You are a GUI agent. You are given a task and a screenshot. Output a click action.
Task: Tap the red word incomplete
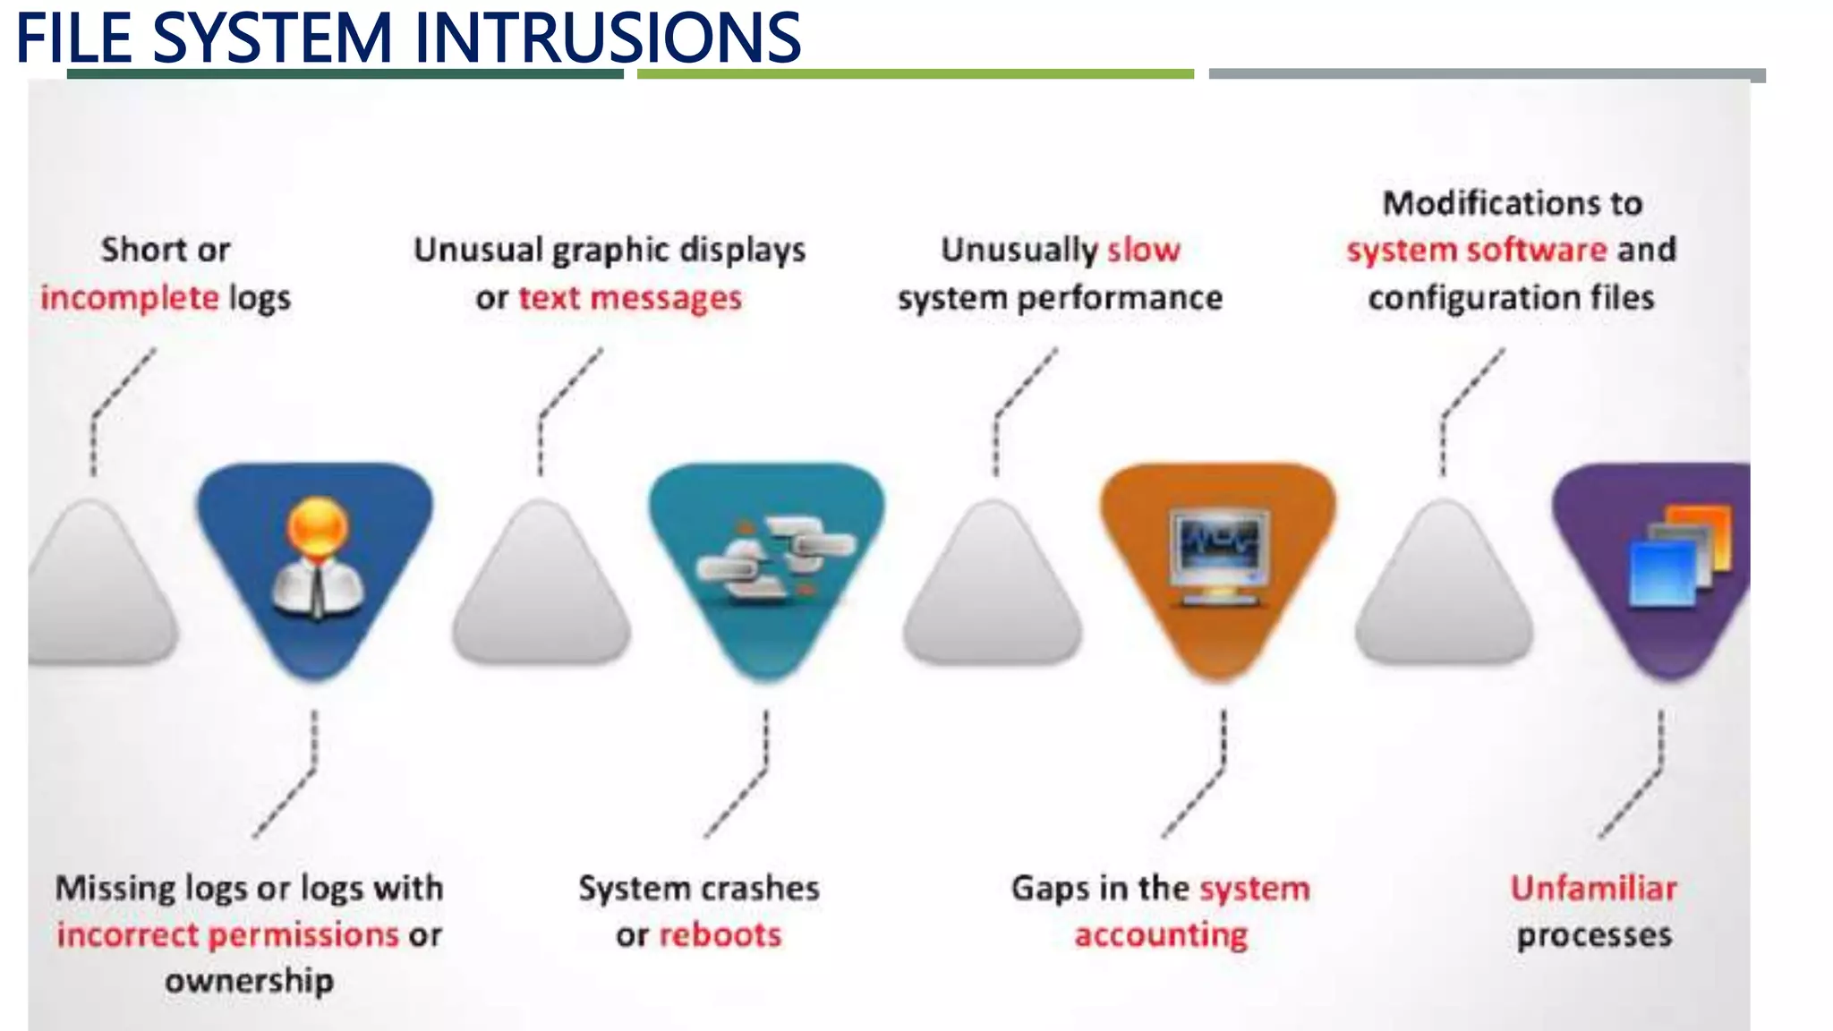click(129, 298)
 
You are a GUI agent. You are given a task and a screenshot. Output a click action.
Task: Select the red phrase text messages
click(630, 298)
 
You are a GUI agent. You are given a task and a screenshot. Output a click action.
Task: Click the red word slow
click(1144, 250)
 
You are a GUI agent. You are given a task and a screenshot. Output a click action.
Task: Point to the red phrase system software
click(1477, 250)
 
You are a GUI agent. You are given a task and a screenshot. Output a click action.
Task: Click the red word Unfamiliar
click(1593, 888)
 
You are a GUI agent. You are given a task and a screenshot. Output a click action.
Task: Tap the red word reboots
click(720, 934)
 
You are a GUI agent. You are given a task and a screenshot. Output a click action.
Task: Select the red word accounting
click(1161, 934)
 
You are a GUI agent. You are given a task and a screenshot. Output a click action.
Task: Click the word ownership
click(249, 981)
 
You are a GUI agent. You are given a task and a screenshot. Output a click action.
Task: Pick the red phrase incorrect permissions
click(227, 934)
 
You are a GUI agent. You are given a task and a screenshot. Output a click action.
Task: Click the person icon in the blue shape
click(318, 559)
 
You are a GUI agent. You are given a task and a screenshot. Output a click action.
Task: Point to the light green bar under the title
click(915, 74)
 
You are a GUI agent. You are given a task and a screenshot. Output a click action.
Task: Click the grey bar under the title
click(1486, 75)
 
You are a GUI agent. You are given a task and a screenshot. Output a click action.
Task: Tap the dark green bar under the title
click(345, 74)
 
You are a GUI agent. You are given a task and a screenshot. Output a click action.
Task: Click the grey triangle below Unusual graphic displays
click(541, 591)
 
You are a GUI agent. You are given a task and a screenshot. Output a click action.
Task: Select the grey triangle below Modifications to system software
click(1444, 591)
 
